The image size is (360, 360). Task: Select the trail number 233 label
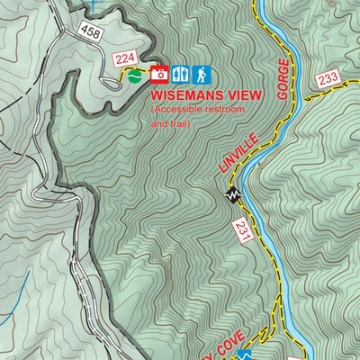point(328,79)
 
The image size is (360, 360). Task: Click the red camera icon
point(159,74)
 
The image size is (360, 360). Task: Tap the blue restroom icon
point(181,74)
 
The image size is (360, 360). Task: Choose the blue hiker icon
point(202,74)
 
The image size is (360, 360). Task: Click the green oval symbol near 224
point(134,76)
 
